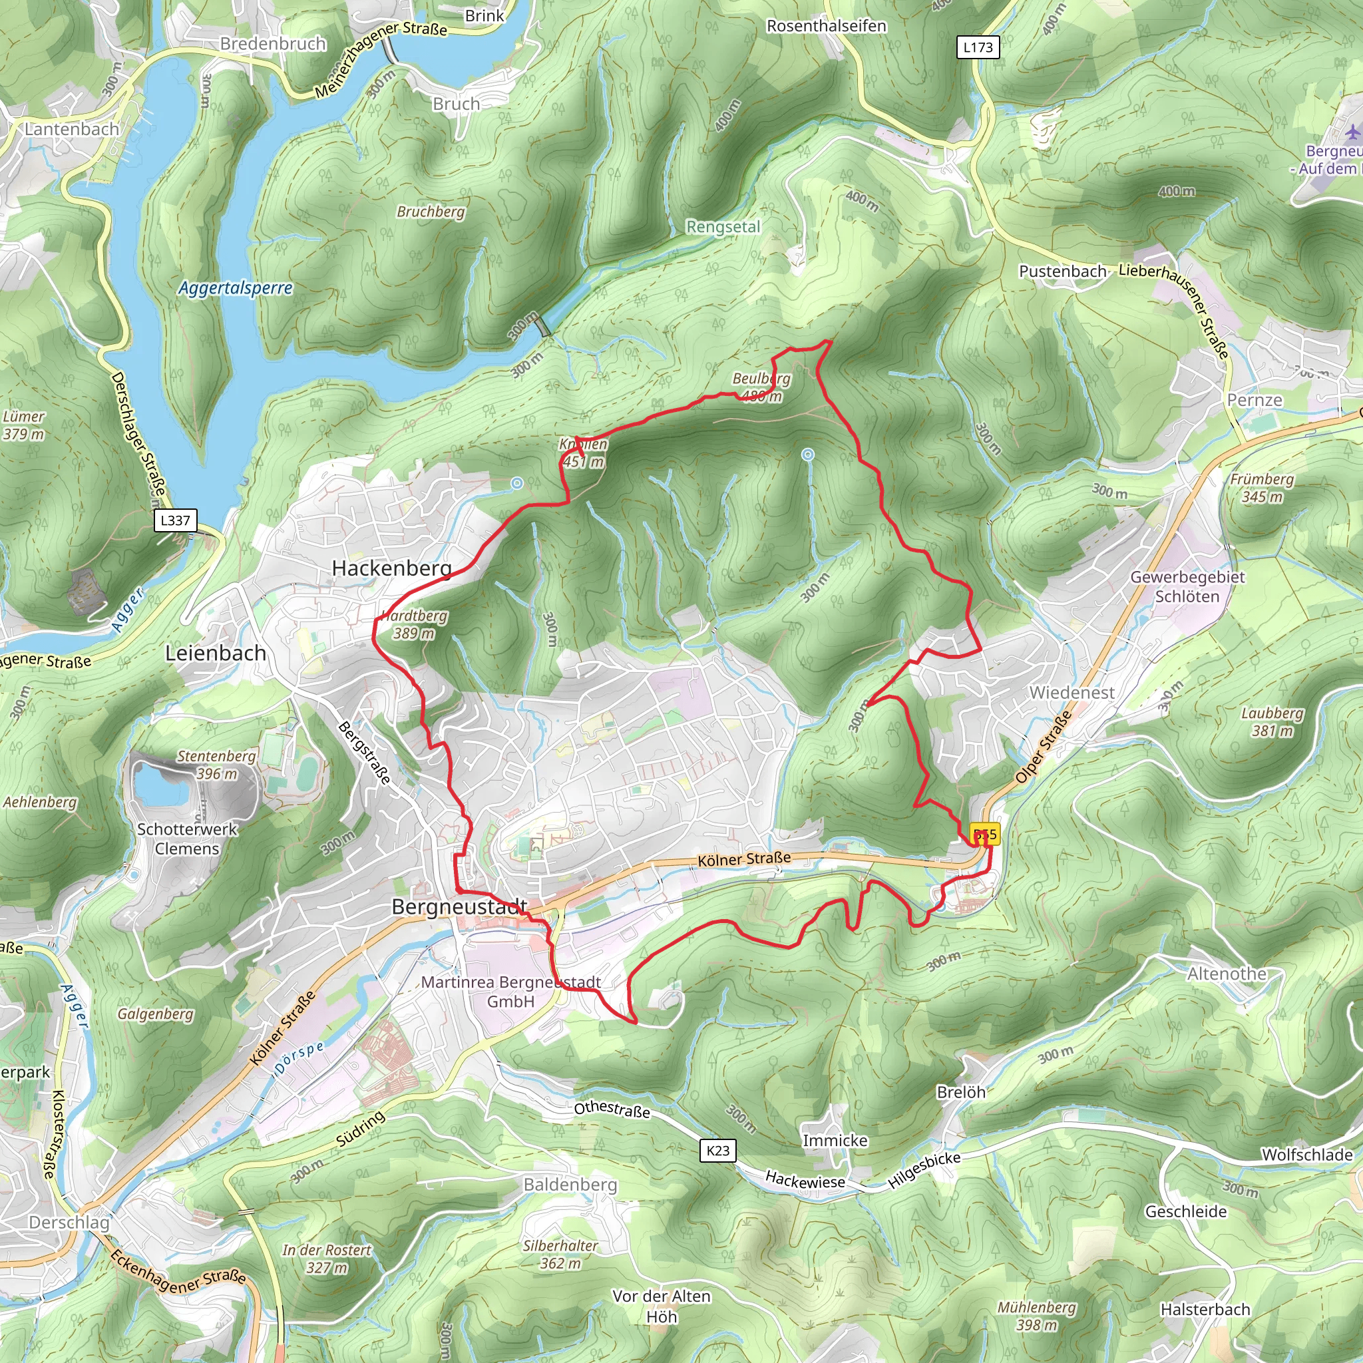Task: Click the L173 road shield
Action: coord(978,47)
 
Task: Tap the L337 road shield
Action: coord(175,520)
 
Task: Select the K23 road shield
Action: coord(718,1151)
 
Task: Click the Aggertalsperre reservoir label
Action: coord(235,288)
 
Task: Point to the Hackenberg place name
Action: coord(391,568)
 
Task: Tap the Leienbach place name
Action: coord(215,654)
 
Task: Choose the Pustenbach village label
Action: coord(1062,272)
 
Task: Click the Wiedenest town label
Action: coord(1071,693)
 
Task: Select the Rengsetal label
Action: coord(723,227)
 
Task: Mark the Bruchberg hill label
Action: coord(431,212)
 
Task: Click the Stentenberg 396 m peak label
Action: coord(216,765)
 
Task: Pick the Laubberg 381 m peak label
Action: coord(1272,721)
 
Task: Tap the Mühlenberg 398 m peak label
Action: coord(1036,1316)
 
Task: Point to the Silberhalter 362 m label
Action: coord(560,1255)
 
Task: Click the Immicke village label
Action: coord(835,1140)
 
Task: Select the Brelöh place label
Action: coord(961,1092)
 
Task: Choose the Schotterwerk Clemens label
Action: coord(187,839)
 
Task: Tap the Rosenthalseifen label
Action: coord(826,26)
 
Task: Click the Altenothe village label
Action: coord(1227,974)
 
